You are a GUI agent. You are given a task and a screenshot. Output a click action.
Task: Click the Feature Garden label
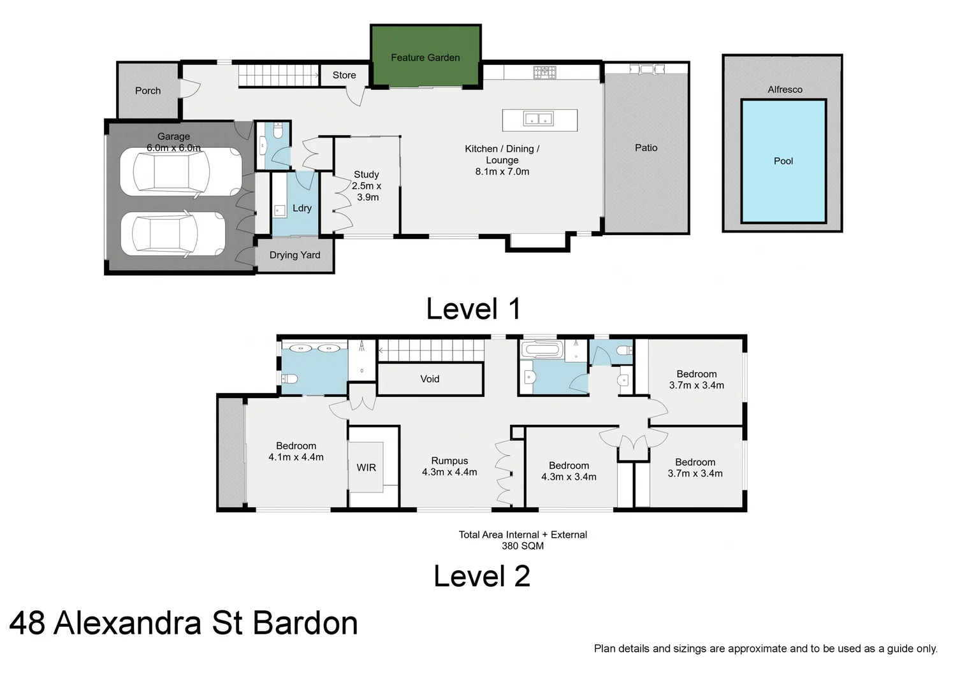425,58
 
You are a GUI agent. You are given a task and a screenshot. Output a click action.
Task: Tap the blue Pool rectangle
783,161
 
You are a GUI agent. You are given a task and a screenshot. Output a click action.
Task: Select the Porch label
148,91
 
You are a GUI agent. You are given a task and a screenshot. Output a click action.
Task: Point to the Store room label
344,75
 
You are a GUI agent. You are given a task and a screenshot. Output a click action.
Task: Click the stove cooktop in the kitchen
544,72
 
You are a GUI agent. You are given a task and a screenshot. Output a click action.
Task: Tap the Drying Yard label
294,255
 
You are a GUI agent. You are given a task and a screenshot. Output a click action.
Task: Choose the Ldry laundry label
302,208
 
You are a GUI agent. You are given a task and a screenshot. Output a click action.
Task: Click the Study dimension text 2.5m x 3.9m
367,192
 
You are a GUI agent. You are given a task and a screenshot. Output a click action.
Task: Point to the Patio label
646,148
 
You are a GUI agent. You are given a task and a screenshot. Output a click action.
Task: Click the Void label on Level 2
430,379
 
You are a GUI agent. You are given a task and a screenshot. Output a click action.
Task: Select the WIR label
366,468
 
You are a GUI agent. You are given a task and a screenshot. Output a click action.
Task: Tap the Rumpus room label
449,461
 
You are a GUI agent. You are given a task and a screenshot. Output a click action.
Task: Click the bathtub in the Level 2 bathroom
542,350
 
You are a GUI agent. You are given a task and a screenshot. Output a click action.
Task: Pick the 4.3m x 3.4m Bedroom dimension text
569,477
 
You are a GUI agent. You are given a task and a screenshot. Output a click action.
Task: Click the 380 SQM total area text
523,546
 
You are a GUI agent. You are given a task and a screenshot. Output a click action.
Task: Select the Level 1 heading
474,310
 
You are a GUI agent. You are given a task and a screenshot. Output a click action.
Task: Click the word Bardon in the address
305,623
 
